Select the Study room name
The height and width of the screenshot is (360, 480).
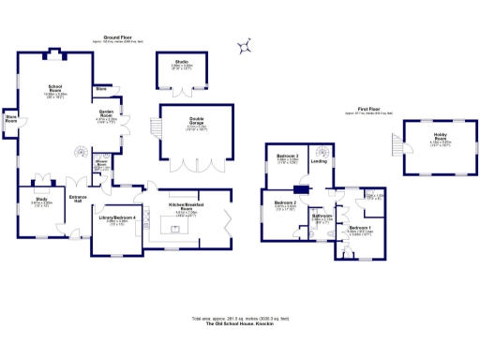[41, 199]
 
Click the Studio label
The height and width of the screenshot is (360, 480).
[181, 62]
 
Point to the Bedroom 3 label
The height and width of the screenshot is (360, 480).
[287, 156]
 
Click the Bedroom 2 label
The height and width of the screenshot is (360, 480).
[285, 202]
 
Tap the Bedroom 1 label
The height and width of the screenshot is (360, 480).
[360, 228]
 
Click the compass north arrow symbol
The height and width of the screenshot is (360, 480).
[246, 45]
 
